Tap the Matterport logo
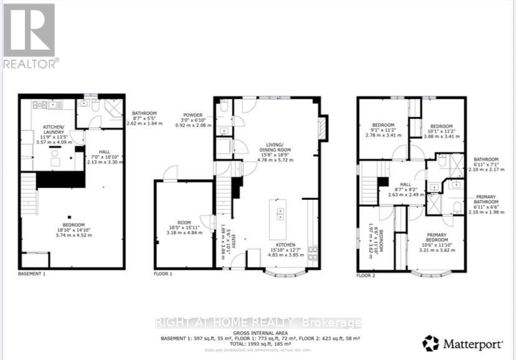pos(464,343)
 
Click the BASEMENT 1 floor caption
pos(34,274)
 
